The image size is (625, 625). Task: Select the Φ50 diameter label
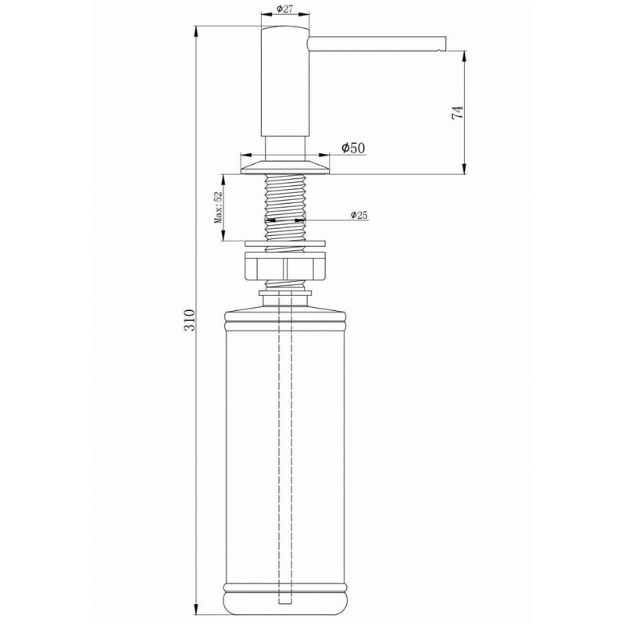point(353,148)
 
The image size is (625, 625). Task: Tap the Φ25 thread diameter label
point(359,215)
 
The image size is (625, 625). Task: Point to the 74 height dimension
point(458,112)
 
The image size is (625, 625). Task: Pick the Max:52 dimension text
point(220,209)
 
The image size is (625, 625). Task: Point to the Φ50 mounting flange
point(284,165)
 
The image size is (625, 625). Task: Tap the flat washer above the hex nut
point(284,242)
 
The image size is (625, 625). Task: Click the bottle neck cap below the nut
point(284,294)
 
